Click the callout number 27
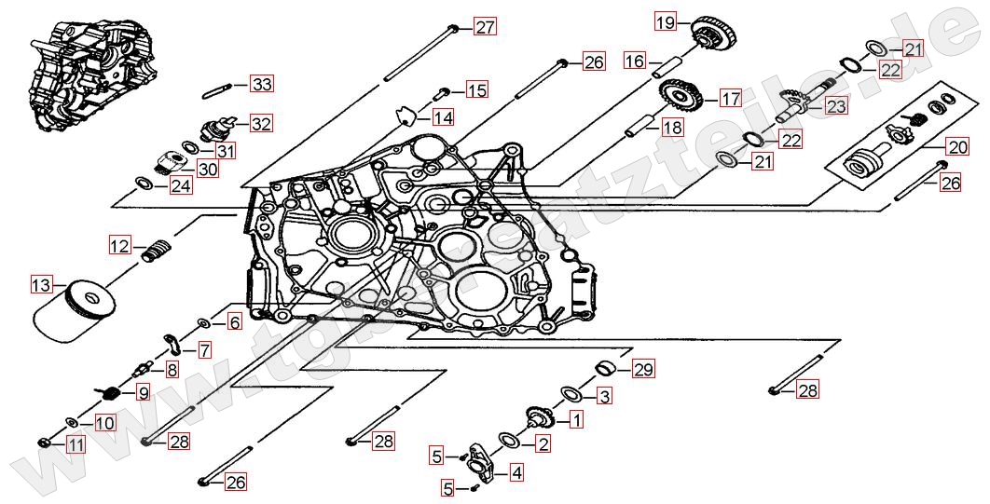click(x=485, y=26)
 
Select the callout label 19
click(x=663, y=21)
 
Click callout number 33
click(x=262, y=85)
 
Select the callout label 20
click(x=957, y=146)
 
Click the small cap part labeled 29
click(x=606, y=365)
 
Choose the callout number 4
click(x=516, y=472)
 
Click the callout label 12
click(x=119, y=246)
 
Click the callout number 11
click(x=76, y=444)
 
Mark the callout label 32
click(x=261, y=123)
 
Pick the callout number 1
click(x=576, y=420)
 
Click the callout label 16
click(x=635, y=61)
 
